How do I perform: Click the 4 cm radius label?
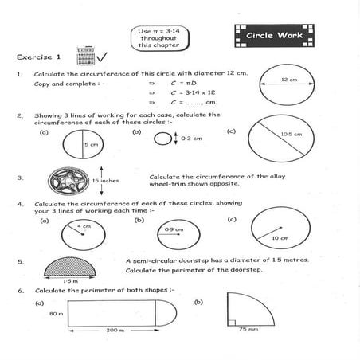(84, 227)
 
